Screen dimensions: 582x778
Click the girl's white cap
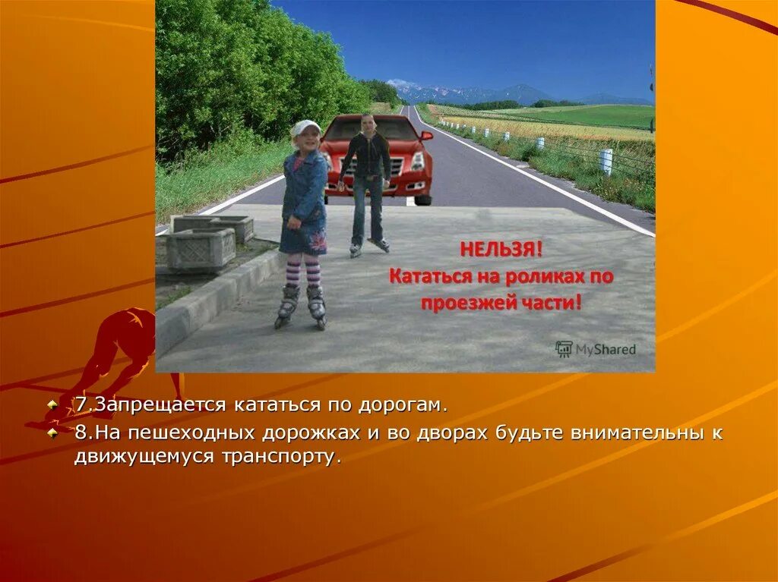(x=305, y=127)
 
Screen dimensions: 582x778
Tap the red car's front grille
(x=403, y=167)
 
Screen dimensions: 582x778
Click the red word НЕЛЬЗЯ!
(x=490, y=249)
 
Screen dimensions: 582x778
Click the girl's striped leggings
(x=302, y=270)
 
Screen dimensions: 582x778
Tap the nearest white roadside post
(x=606, y=161)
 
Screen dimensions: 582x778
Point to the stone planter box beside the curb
(x=201, y=248)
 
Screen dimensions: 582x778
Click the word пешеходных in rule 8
(x=194, y=433)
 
